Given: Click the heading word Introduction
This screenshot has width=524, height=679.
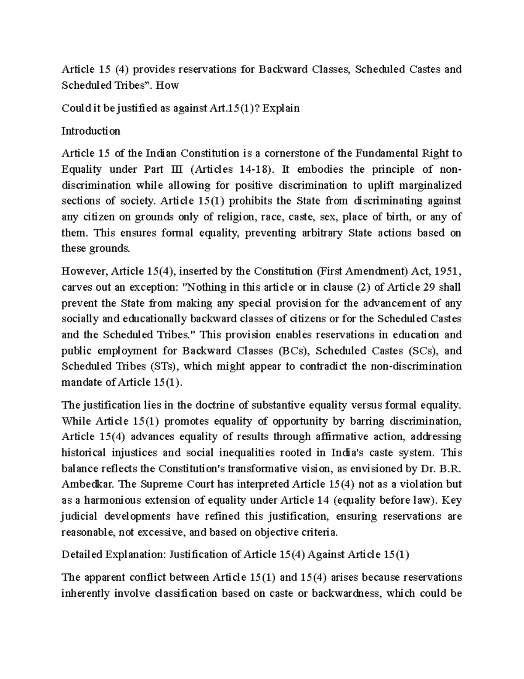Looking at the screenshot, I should coord(91,131).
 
